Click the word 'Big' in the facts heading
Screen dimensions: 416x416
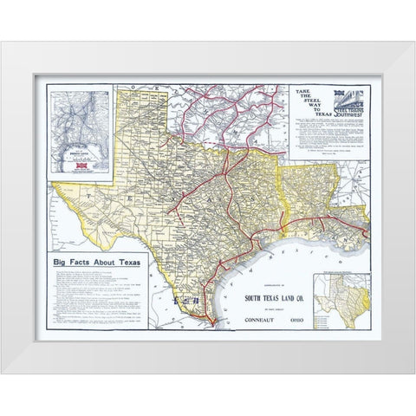62,260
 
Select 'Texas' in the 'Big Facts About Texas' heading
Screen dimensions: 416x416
128,260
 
